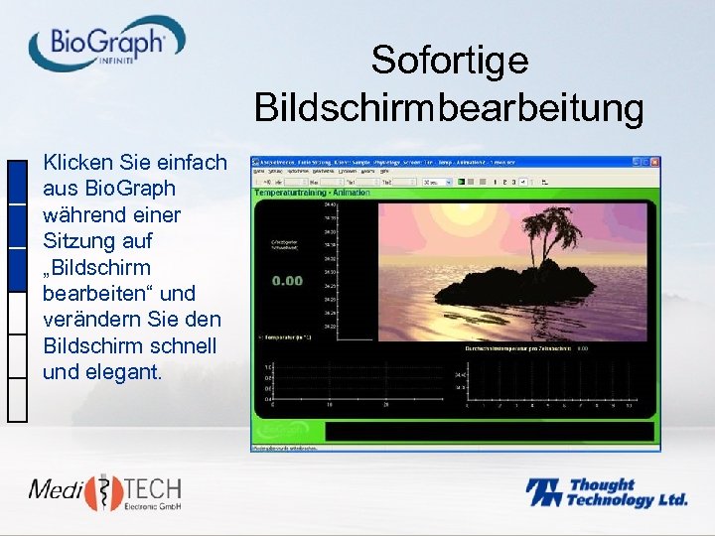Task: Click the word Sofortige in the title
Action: (x=449, y=61)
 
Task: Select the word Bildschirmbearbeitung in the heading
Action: (x=449, y=108)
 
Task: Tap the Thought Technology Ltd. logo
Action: (x=606, y=492)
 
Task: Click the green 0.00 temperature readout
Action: (x=287, y=281)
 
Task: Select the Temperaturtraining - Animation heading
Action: (x=313, y=193)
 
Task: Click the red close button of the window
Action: (x=654, y=161)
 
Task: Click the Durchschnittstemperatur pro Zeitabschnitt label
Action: (x=520, y=348)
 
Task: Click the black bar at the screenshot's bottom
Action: (x=490, y=432)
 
